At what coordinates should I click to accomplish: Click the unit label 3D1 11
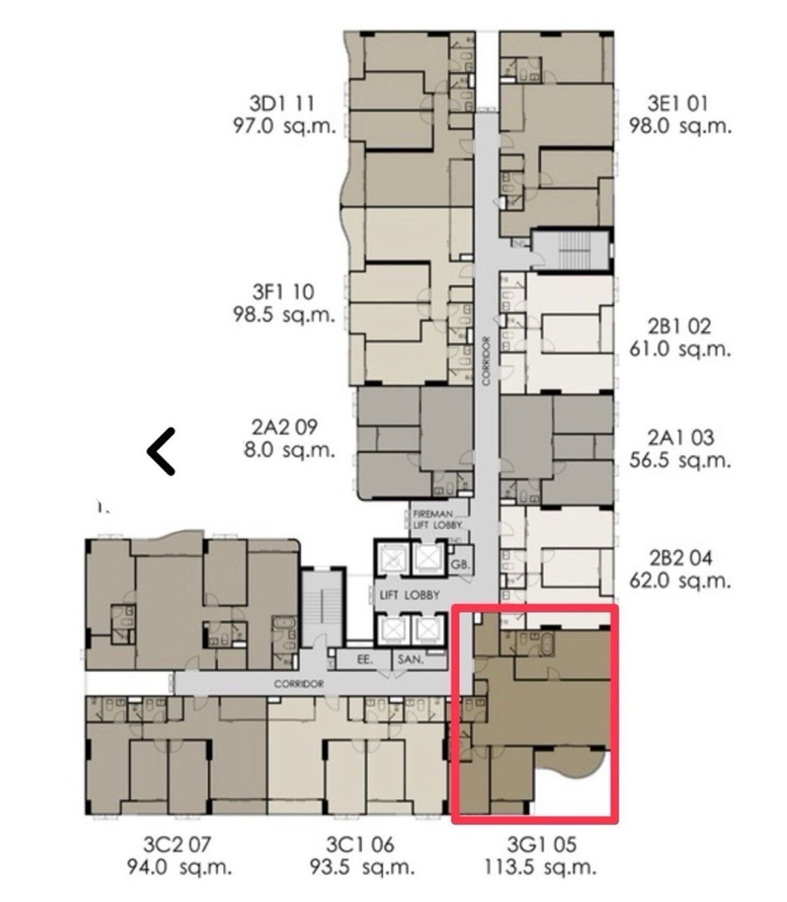(282, 104)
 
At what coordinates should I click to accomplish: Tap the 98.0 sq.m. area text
(680, 127)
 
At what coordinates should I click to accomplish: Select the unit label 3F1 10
(283, 292)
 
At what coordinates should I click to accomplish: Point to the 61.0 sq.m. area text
(680, 349)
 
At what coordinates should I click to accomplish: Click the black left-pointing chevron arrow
(161, 452)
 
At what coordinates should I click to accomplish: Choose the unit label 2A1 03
(680, 438)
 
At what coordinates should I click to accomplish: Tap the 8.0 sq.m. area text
(289, 450)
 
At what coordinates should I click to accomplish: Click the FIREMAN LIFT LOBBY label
(437, 519)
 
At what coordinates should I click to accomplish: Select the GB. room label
(460, 564)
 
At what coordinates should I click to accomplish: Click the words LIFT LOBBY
(410, 595)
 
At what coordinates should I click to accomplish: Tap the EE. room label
(365, 660)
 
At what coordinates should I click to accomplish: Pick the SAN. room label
(411, 659)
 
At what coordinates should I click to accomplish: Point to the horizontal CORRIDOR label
(298, 684)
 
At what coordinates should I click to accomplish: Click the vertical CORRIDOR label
(486, 361)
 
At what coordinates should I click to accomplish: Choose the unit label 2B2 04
(680, 559)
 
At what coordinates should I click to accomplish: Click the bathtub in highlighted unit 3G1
(547, 645)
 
